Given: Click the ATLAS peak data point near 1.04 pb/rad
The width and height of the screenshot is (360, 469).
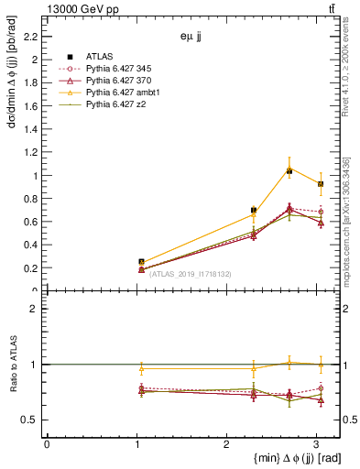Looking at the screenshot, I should pyautogui.click(x=289, y=171).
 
